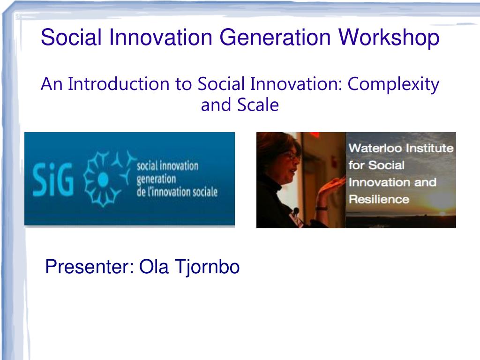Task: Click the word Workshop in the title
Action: coord(389,37)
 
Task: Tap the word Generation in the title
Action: coord(275,37)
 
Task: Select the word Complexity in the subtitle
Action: coord(393,84)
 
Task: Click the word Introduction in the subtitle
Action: coord(119,84)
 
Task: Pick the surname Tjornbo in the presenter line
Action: coord(207,267)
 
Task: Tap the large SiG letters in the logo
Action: coord(53,179)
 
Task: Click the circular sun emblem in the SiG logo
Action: coord(103,179)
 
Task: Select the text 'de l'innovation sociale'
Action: coord(177,192)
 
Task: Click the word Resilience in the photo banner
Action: coord(379,200)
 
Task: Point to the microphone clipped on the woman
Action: coord(296,211)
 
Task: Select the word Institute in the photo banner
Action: coord(433,148)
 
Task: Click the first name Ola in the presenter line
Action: coord(154,267)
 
